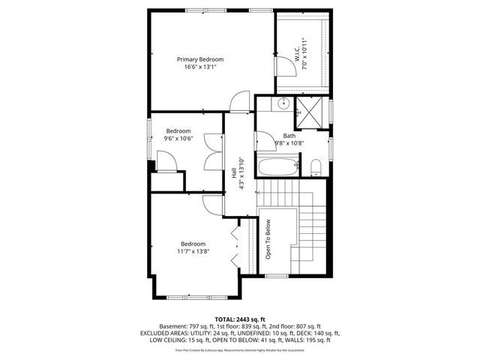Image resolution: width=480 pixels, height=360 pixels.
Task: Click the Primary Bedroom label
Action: [x=199, y=59]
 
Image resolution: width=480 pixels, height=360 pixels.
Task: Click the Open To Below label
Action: [x=267, y=239]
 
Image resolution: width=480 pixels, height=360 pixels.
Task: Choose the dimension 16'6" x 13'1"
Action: [x=199, y=67]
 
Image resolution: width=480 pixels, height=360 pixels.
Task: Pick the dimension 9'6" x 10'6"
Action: [x=179, y=138]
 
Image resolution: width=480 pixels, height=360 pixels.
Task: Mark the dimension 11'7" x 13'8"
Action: [x=193, y=251]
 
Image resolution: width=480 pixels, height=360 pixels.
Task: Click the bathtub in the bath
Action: [x=278, y=166]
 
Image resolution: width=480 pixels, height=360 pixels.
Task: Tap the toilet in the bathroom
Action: [x=315, y=166]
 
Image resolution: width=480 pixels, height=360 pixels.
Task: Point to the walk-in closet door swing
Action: [x=284, y=67]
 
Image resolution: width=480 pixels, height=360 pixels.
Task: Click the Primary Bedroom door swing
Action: [x=240, y=100]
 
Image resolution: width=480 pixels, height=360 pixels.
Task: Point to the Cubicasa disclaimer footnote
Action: [x=240, y=349]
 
